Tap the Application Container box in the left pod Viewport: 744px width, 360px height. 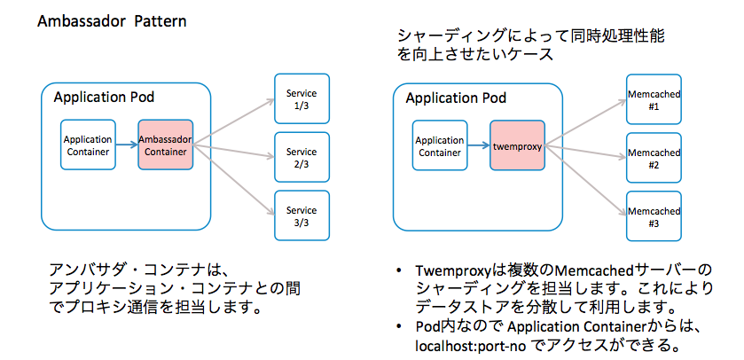pyautogui.click(x=88, y=145)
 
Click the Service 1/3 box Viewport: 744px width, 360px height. pyautogui.click(x=302, y=99)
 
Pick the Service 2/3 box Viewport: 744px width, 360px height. pyautogui.click(x=302, y=157)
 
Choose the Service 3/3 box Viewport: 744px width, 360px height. pyautogui.click(x=302, y=215)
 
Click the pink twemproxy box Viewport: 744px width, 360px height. pyautogui.click(x=517, y=145)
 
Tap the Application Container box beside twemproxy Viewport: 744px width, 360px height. pyautogui.click(x=440, y=145)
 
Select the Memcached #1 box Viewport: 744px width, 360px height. pyautogui.click(x=654, y=99)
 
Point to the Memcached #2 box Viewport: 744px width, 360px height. pyautogui.click(x=654, y=157)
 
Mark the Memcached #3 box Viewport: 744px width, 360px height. pyautogui.click(x=654, y=215)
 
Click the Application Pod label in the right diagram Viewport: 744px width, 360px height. pyautogui.click(x=456, y=97)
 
